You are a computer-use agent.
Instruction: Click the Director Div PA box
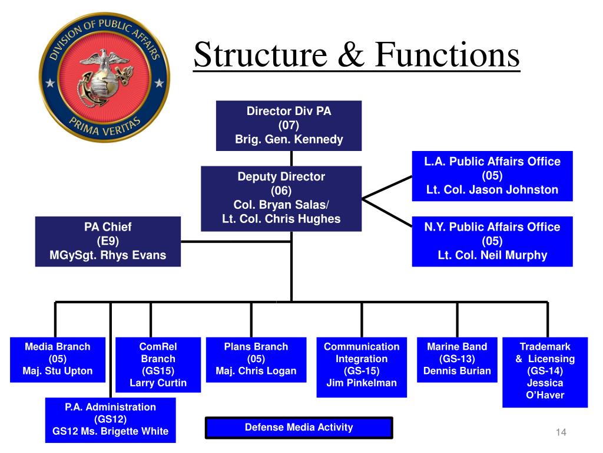pyautogui.click(x=289, y=125)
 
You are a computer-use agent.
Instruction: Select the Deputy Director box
pyautogui.click(x=281, y=198)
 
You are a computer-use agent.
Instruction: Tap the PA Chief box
pyautogui.click(x=108, y=241)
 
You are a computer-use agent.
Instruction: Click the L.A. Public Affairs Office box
pyautogui.click(x=492, y=176)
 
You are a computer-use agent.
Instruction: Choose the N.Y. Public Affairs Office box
pyautogui.click(x=492, y=241)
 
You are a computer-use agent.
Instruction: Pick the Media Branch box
pyautogui.click(x=58, y=359)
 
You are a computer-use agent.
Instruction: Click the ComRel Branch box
pyautogui.click(x=158, y=365)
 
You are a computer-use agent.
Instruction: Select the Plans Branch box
pyautogui.click(x=256, y=359)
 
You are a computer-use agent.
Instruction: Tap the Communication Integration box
pyautogui.click(x=362, y=366)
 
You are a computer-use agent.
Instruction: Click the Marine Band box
pyautogui.click(x=457, y=359)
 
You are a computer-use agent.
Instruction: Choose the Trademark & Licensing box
pyautogui.click(x=545, y=372)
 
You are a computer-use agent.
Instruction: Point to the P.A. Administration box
pyautogui.click(x=110, y=419)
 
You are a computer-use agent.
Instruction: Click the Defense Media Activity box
pyautogui.click(x=299, y=428)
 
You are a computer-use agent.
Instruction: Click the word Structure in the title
pyautogui.click(x=261, y=55)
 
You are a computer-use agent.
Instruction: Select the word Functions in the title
pyautogui.click(x=448, y=55)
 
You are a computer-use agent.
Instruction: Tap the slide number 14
pyautogui.click(x=560, y=433)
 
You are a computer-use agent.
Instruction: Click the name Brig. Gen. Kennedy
pyautogui.click(x=289, y=140)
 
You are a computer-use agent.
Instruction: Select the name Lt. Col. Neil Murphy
pyautogui.click(x=492, y=255)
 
